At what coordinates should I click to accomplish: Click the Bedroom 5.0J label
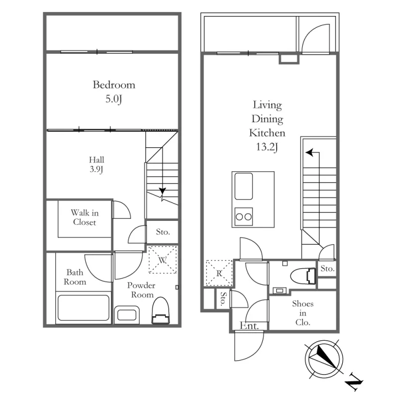coord(114,92)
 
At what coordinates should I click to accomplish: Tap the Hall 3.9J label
coord(97,165)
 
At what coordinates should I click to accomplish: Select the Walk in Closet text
coord(85,217)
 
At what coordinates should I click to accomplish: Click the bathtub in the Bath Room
coord(84,307)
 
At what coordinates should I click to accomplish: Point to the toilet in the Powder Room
coord(160,310)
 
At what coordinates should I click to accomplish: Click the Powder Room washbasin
coord(127,315)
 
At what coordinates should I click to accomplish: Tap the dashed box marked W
coord(163,259)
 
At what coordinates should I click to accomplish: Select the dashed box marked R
coord(219,273)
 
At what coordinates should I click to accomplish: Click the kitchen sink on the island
coord(244,186)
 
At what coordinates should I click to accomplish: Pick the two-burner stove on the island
coord(244,216)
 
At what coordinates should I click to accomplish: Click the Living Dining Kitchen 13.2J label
coord(267,126)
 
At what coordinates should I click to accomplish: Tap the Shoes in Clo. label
coord(303,313)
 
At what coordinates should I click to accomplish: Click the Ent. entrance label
coord(249,326)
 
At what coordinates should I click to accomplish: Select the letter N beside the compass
coord(354,382)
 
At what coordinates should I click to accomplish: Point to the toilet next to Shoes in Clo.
coord(303,276)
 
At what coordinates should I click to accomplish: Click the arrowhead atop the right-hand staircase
coord(309,153)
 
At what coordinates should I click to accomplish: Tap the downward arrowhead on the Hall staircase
coord(163,191)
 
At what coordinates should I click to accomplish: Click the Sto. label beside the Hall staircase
coord(163,232)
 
